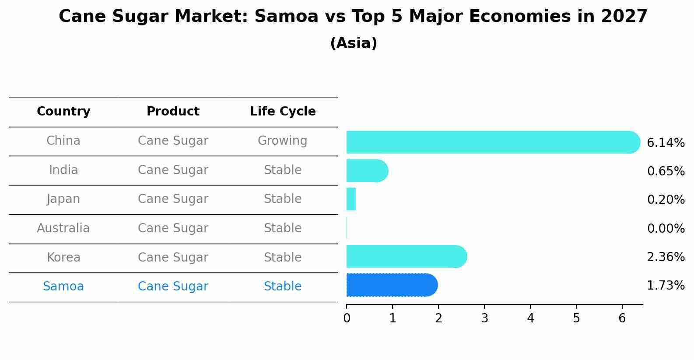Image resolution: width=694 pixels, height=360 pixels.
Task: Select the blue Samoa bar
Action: (x=392, y=285)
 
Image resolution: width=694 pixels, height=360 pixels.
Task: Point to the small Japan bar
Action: (x=351, y=199)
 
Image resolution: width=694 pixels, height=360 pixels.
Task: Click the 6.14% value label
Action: (x=665, y=143)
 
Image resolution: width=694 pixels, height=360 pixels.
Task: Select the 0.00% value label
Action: (x=665, y=228)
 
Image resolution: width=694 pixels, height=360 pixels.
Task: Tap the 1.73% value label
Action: (x=665, y=286)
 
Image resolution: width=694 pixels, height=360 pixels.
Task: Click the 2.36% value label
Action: (x=665, y=257)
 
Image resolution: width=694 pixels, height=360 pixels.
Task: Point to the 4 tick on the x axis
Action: (x=530, y=318)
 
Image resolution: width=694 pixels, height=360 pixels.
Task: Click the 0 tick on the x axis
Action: (x=347, y=318)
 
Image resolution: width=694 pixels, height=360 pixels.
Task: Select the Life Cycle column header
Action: (x=283, y=112)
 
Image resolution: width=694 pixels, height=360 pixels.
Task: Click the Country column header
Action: (x=63, y=112)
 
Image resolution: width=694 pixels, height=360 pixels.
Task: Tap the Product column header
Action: (x=173, y=112)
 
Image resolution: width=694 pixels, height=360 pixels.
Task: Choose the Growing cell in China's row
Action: (x=282, y=141)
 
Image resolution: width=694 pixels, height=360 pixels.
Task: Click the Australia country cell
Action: (x=63, y=228)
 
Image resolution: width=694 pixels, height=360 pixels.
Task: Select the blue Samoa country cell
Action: (x=63, y=287)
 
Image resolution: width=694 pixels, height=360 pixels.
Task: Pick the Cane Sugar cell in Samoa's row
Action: (x=173, y=287)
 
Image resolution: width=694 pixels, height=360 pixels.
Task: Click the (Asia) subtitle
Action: (x=353, y=43)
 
